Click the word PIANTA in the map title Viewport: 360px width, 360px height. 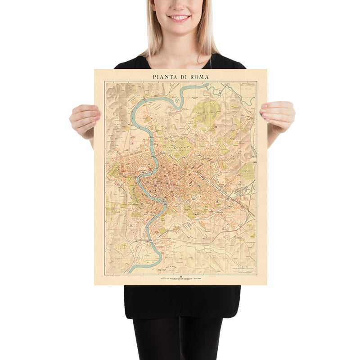point(163,76)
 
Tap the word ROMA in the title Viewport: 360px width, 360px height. point(198,76)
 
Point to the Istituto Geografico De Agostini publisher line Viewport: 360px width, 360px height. point(180,279)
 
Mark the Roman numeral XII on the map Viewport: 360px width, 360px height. point(132,144)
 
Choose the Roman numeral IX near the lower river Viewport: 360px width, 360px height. point(131,225)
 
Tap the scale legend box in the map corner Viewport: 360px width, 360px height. point(243,269)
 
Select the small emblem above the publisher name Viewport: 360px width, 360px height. point(180,276)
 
